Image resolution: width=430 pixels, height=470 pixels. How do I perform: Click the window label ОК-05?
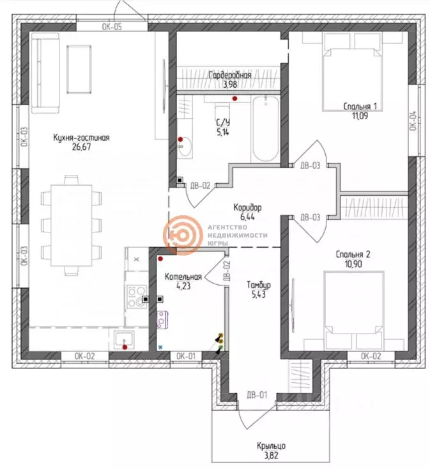112,27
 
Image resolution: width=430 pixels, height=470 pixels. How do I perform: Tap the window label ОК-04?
413,121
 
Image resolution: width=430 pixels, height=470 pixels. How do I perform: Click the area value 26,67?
82,146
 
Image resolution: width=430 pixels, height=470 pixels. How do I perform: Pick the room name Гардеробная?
230,76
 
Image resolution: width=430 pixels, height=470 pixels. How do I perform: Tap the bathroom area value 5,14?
223,133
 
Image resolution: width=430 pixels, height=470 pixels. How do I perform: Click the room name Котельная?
183,277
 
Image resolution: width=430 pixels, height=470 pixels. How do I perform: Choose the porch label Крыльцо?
272,446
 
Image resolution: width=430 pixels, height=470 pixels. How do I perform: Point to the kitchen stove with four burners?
136,296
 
